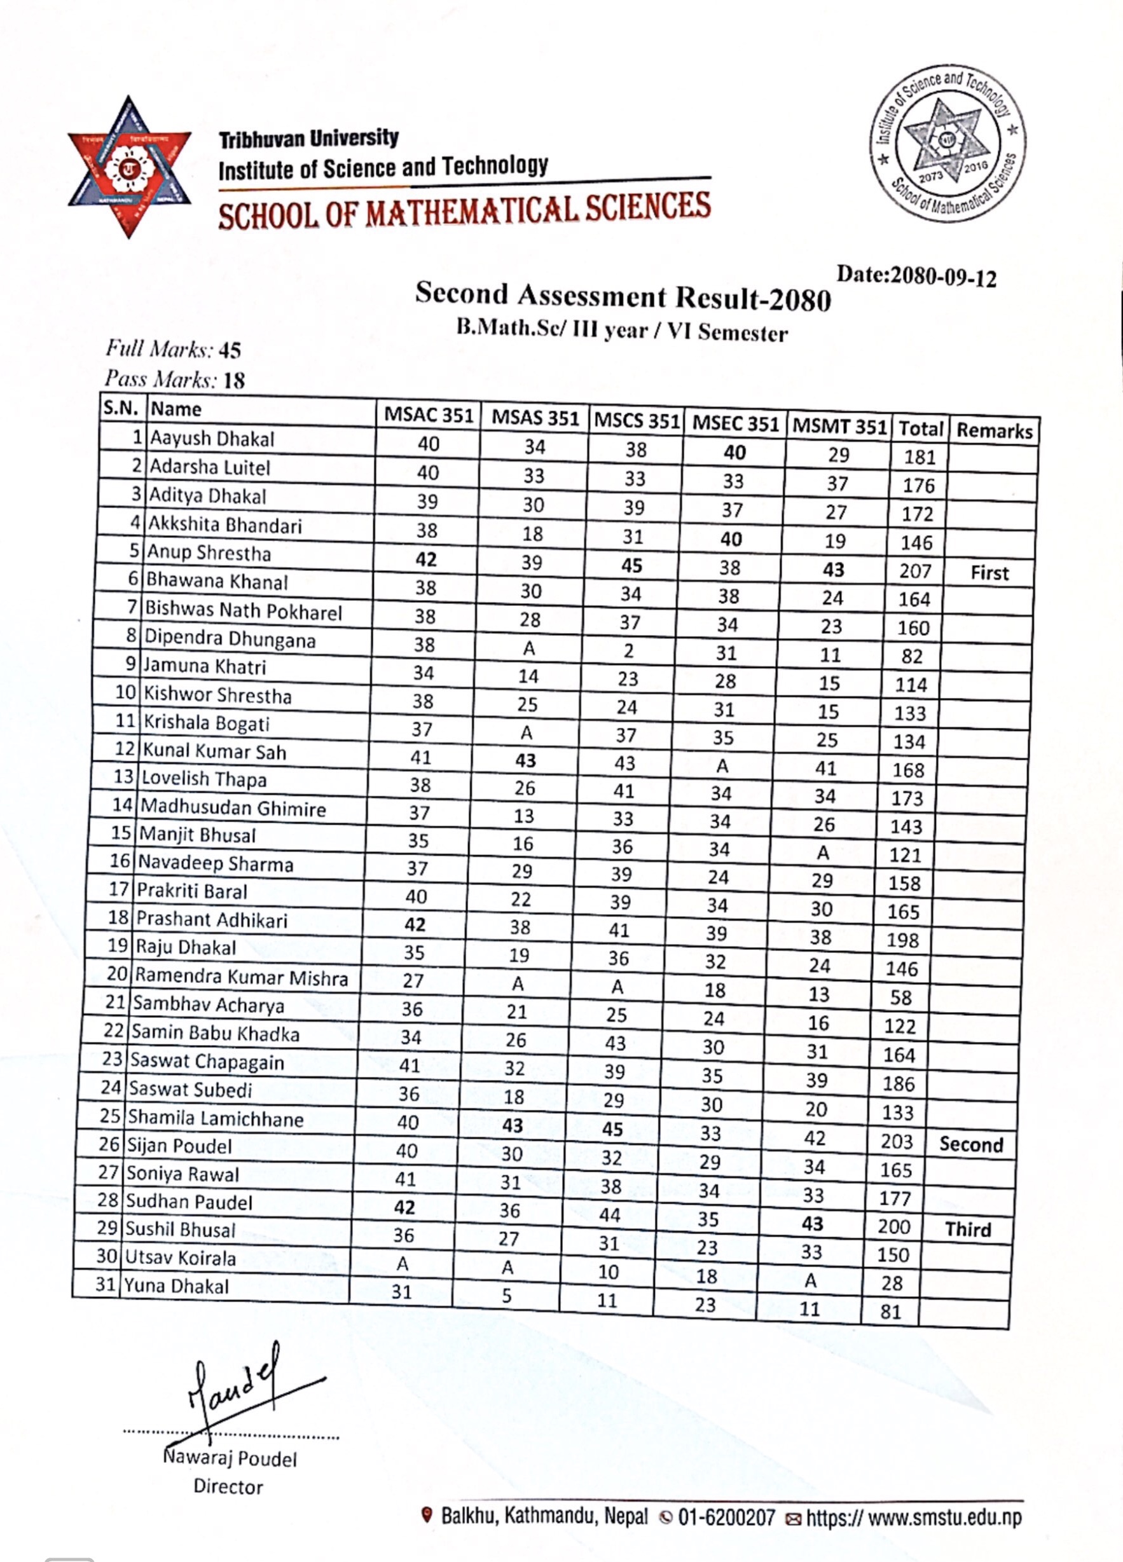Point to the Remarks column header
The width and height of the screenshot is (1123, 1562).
[x=994, y=431]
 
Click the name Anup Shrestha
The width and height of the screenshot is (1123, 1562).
[x=209, y=553]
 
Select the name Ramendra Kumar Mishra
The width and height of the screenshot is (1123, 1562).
[x=241, y=976]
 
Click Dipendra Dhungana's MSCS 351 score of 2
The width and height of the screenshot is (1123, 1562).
[x=628, y=651]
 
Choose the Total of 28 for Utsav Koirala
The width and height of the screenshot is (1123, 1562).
[x=892, y=1283]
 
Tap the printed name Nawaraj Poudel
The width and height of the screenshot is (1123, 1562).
[x=230, y=1458]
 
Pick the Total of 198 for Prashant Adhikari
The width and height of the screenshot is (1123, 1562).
[x=902, y=940]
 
